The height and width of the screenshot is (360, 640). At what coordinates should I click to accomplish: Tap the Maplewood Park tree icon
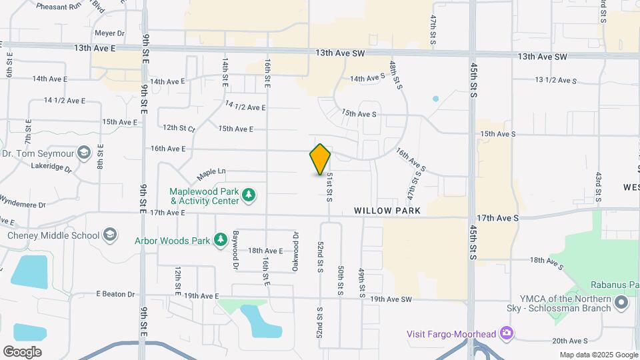[x=249, y=195]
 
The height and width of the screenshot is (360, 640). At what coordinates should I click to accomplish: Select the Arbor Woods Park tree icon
[x=221, y=240]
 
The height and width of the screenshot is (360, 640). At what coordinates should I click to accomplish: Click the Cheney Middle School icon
[x=110, y=235]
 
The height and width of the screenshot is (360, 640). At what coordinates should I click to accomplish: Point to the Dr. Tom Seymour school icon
[x=84, y=153]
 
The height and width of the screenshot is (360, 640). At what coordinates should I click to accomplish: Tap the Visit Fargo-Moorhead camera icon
[x=507, y=333]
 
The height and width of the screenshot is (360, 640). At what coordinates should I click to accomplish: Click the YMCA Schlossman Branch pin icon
[x=622, y=303]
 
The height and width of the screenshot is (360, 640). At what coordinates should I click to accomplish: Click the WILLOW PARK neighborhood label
[x=387, y=211]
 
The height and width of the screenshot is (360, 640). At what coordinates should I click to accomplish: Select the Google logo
[x=22, y=351]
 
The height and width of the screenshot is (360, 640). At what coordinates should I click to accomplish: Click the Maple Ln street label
[x=211, y=175]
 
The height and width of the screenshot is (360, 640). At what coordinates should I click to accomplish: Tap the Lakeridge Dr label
[x=51, y=167]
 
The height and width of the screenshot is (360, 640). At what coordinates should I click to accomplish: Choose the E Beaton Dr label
[x=115, y=294]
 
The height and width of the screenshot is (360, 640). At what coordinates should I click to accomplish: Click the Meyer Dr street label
[x=110, y=33]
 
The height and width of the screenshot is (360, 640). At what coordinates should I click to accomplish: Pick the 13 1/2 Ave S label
[x=555, y=80]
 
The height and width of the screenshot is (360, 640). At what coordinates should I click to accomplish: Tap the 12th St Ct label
[x=178, y=127]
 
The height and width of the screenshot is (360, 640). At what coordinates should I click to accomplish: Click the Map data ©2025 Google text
[x=597, y=355]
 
